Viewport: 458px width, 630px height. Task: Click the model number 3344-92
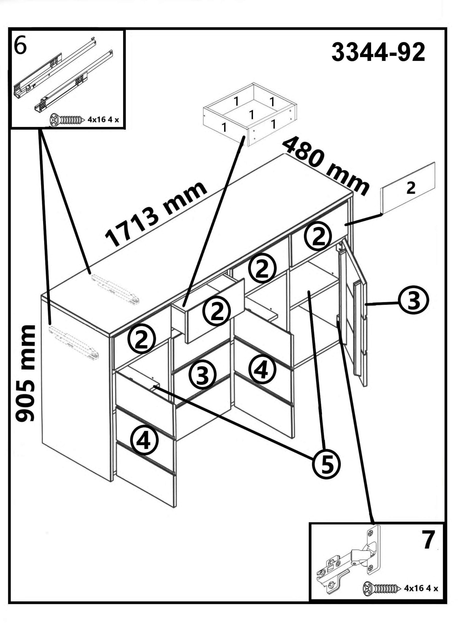(x=378, y=52)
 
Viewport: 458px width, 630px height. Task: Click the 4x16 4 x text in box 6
(x=103, y=120)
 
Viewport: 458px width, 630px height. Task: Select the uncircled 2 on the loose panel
(x=411, y=188)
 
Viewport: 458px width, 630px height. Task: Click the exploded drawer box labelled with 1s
(x=250, y=114)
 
